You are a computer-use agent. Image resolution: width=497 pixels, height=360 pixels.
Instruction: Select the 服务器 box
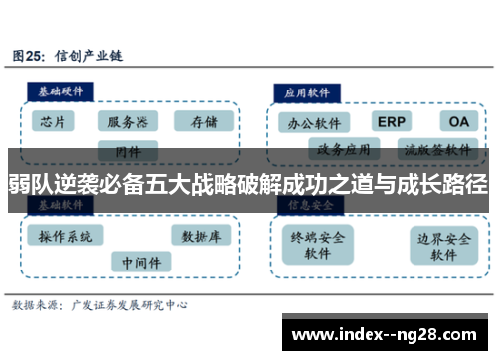[128, 121]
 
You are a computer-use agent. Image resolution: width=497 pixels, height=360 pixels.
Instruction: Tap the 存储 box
[203, 121]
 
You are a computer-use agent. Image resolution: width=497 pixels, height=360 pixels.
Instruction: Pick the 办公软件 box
[315, 124]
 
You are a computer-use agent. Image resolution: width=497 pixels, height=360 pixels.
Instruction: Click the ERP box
[392, 121]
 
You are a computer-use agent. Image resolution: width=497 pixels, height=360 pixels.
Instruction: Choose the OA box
[457, 121]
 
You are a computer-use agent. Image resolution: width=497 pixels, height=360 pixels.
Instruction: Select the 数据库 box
[202, 236]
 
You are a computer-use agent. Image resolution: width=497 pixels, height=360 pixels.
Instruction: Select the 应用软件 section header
[308, 90]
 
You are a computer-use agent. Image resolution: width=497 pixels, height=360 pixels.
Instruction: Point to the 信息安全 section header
[309, 204]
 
